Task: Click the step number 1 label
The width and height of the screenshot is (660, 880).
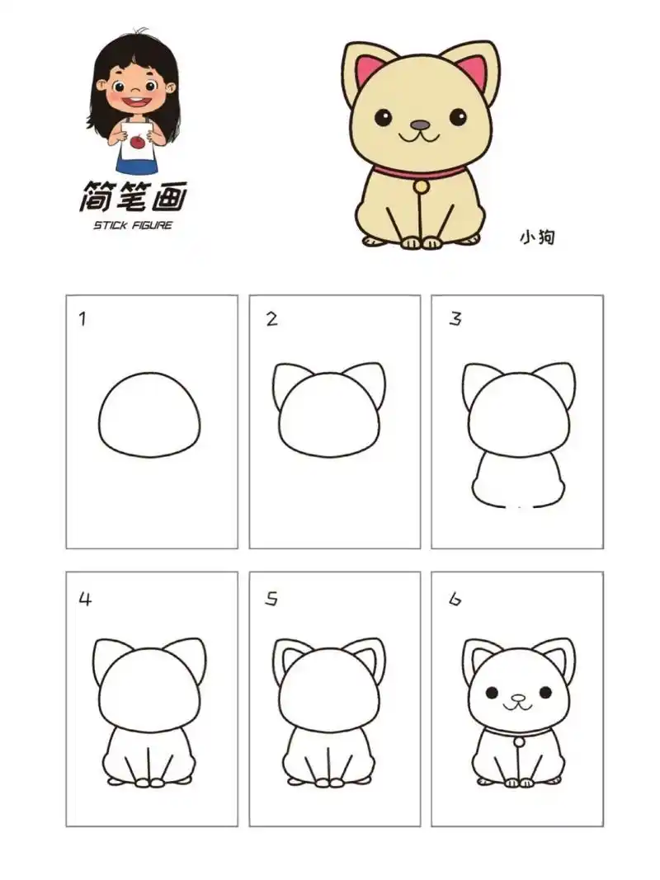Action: (82, 319)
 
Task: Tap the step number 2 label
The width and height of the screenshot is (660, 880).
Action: (271, 319)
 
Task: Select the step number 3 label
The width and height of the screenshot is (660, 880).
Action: (455, 319)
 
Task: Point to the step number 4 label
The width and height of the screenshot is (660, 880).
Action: (84, 600)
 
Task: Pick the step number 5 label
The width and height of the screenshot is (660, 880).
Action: (271, 600)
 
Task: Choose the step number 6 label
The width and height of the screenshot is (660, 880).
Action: (455, 600)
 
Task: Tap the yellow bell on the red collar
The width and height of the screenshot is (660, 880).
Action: (422, 186)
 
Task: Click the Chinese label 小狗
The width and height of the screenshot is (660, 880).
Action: (536, 238)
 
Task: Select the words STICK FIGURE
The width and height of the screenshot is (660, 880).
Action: (133, 225)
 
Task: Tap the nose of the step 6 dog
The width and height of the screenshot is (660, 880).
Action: (517, 698)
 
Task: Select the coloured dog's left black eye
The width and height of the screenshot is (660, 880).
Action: (384, 117)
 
